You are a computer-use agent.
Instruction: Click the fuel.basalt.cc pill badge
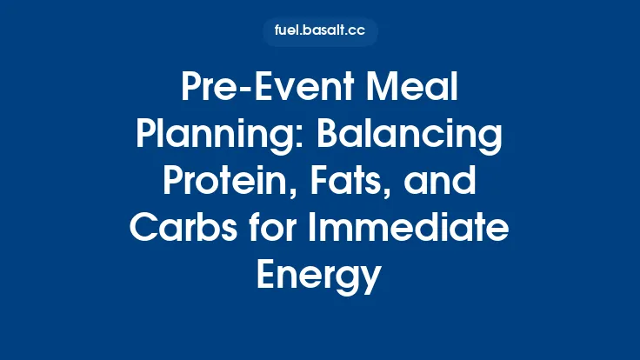tap(320, 32)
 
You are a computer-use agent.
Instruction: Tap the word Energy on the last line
tap(319, 277)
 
